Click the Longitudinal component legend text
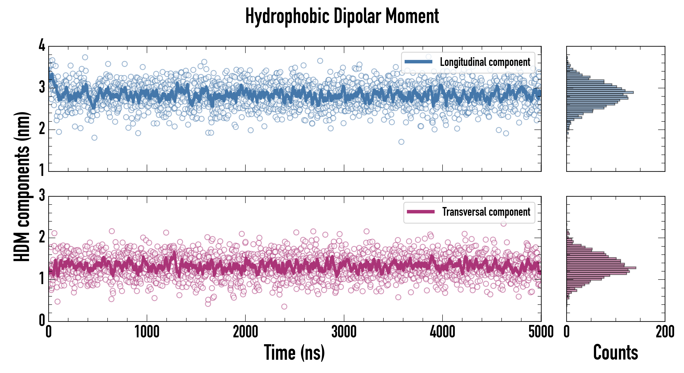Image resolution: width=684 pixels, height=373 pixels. [x=485, y=62]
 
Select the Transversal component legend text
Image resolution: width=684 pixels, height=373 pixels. [x=486, y=212]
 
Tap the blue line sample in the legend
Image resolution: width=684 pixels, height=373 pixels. [x=418, y=62]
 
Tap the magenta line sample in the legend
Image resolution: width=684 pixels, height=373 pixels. [x=421, y=212]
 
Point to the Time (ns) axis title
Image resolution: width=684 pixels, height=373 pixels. [x=294, y=352]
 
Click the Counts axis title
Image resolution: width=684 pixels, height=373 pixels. [x=615, y=352]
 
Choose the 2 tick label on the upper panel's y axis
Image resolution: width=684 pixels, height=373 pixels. [x=42, y=129]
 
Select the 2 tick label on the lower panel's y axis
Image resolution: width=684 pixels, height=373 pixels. [x=42, y=237]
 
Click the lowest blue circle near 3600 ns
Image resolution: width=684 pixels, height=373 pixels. [x=401, y=142]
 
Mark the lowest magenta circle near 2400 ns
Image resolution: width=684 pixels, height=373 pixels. [x=284, y=307]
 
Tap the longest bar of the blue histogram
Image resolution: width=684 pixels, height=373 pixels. [x=600, y=92]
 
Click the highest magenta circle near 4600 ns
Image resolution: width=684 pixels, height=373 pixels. [x=503, y=224]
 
